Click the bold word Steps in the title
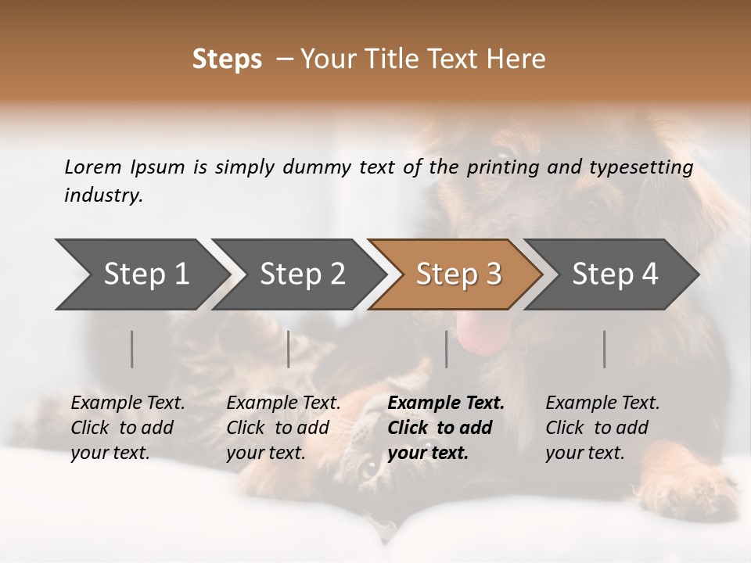(227, 59)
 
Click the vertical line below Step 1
(132, 349)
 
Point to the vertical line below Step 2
(289, 349)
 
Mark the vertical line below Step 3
(446, 349)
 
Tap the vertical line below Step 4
(605, 349)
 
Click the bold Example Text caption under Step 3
(446, 428)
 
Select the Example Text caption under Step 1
(128, 428)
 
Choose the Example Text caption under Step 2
(283, 428)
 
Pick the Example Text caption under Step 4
(602, 428)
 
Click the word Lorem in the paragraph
(93, 167)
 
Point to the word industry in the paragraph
(103, 195)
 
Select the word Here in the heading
(516, 59)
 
